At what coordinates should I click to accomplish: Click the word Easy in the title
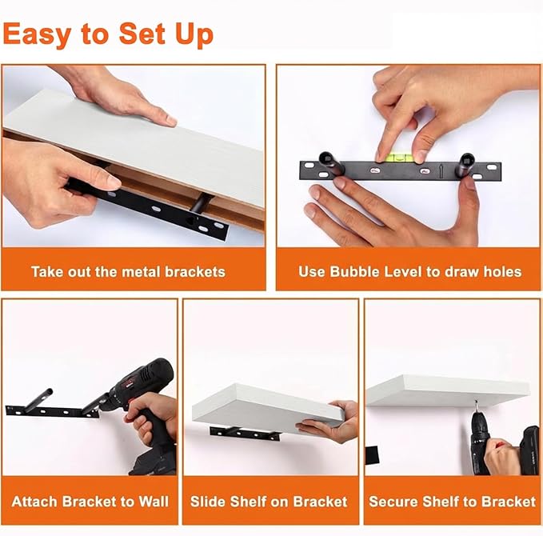(37, 34)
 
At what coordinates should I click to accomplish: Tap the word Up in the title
(194, 34)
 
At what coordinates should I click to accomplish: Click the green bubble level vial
(398, 158)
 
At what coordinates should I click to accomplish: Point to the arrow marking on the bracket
(441, 171)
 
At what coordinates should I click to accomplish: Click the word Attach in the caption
(35, 502)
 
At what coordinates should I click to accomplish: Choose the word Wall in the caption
(154, 502)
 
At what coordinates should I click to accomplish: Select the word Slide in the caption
(208, 502)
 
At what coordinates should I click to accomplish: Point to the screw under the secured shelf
(477, 404)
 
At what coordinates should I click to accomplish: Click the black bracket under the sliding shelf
(245, 434)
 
